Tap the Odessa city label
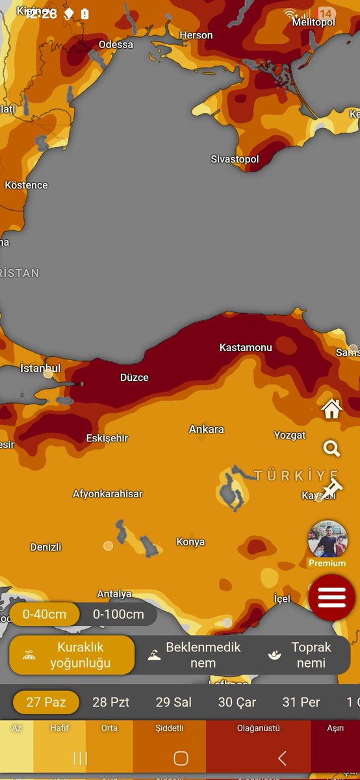(116, 44)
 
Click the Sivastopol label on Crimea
(235, 159)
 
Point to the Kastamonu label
(246, 347)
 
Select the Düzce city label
(135, 377)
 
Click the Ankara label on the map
(206, 429)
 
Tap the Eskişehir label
(107, 438)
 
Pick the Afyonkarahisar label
(107, 493)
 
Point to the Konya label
(190, 541)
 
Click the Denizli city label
(45, 547)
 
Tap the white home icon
(332, 409)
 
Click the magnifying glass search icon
(331, 448)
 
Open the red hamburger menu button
(331, 597)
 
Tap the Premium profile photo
(328, 539)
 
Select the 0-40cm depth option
(45, 614)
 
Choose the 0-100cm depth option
(118, 614)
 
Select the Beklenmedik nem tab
(194, 655)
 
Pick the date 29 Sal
(174, 702)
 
